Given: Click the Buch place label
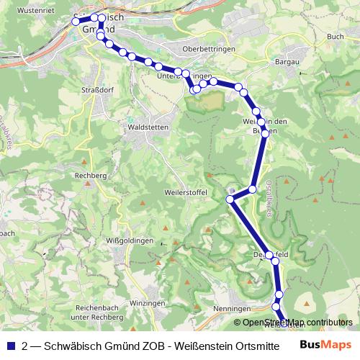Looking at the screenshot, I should [335, 36].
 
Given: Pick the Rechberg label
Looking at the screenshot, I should [92, 176].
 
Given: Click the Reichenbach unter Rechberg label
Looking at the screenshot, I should [91, 312].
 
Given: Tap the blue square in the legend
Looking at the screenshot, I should [10, 345].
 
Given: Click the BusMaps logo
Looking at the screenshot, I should [325, 345].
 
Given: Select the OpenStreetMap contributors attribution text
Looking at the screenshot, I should [297, 323].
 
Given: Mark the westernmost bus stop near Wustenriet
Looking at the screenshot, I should [75, 22].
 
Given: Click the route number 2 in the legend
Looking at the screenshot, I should [25, 345].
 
